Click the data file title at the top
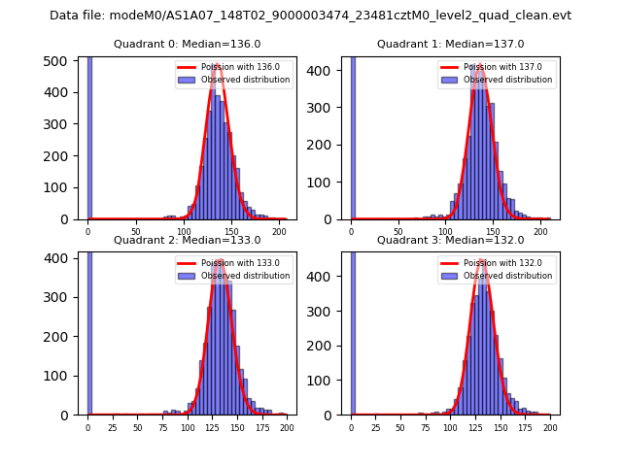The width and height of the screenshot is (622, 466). pos(310,16)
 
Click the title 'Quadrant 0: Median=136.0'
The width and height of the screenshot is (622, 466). pos(187,44)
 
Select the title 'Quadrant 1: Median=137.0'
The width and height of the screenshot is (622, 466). pos(450,44)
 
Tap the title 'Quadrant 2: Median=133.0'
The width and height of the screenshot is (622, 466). pos(187,240)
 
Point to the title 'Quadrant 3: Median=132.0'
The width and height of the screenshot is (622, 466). pos(450,240)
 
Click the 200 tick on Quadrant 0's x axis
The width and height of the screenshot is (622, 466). pos(279,231)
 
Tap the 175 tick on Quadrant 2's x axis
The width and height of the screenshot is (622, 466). pos(261,427)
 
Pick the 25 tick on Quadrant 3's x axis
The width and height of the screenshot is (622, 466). pos(376,427)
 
